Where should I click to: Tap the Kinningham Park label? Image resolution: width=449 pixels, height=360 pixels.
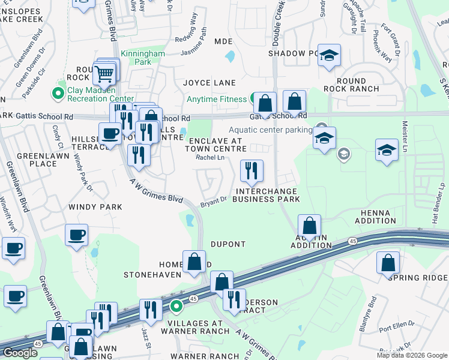143,58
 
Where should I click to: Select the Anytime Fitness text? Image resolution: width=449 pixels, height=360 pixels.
217,99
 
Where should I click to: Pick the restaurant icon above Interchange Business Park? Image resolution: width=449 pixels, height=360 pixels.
252,170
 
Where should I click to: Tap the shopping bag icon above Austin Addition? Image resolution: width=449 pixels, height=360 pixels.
309,226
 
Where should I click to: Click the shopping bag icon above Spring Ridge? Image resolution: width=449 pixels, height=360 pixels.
388,262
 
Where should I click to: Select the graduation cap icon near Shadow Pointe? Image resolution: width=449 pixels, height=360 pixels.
328,56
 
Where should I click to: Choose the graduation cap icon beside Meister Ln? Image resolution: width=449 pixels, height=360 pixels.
387,151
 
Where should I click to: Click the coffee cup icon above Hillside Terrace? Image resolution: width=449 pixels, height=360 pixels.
110,133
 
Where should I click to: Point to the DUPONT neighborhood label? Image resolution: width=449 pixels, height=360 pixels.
228,244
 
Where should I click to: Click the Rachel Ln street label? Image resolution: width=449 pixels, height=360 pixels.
211,158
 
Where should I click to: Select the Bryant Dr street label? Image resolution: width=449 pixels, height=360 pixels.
214,200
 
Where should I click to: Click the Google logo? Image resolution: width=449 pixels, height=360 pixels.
20,353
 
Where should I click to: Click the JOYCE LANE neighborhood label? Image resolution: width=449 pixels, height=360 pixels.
209,82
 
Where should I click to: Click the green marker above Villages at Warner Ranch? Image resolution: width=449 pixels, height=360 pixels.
176,307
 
